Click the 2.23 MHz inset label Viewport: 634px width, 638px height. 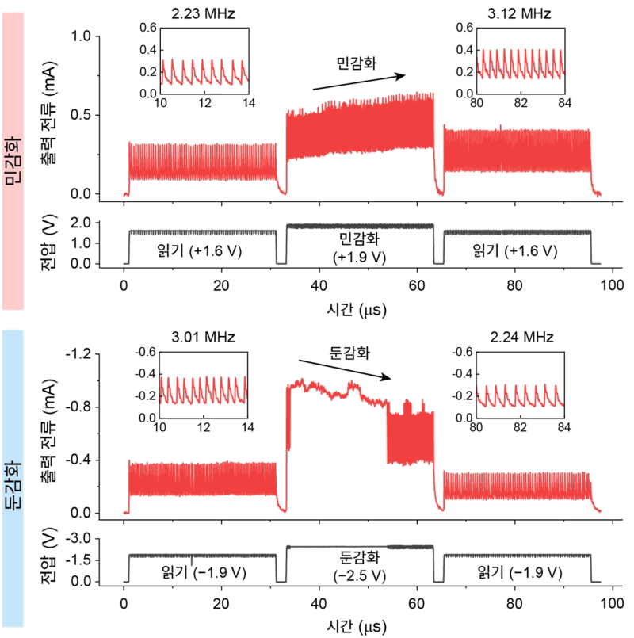click(x=204, y=13)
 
